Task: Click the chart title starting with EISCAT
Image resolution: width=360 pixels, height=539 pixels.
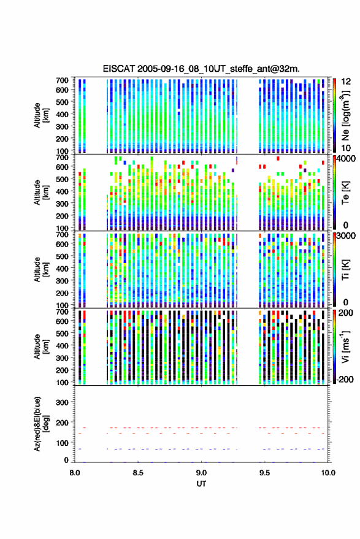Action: (x=201, y=69)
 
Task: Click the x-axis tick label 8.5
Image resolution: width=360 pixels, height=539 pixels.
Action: (x=138, y=473)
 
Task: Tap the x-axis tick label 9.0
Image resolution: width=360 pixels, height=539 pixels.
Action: (x=201, y=473)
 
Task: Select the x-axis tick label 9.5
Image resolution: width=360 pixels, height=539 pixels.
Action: (x=264, y=473)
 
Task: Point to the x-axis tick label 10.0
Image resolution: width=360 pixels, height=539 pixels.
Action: (x=328, y=473)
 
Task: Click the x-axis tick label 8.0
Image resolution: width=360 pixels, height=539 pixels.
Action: (x=75, y=473)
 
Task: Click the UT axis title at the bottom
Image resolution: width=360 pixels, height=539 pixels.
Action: (x=201, y=484)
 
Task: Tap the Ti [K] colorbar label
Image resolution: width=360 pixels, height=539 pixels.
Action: (x=345, y=270)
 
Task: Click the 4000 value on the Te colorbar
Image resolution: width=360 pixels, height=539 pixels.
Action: (x=347, y=159)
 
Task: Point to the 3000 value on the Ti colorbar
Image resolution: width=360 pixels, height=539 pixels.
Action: (x=347, y=236)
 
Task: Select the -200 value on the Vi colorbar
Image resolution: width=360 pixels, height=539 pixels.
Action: (x=345, y=379)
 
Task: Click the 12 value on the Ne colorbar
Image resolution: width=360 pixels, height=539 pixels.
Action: (x=347, y=82)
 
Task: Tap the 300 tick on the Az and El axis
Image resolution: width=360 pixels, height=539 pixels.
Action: (x=62, y=402)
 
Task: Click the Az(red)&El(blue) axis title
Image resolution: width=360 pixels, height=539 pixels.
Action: (x=41, y=424)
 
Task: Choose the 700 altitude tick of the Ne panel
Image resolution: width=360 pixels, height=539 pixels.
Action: (x=62, y=80)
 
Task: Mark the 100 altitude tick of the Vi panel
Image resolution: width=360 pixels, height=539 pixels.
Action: (x=62, y=382)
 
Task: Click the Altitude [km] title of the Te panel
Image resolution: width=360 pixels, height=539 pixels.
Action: (x=41, y=193)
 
